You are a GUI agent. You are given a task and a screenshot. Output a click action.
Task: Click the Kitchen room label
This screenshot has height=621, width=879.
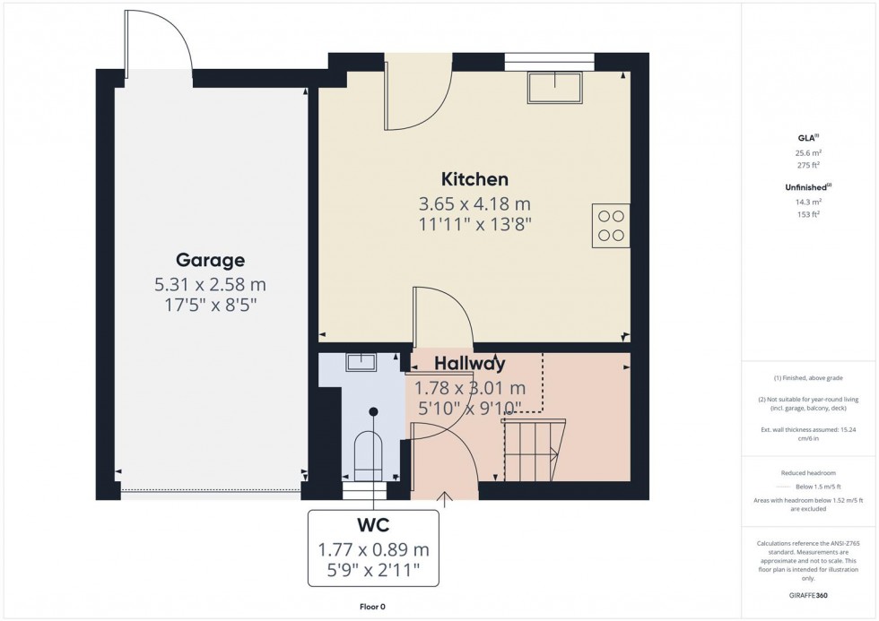pyautogui.click(x=474, y=179)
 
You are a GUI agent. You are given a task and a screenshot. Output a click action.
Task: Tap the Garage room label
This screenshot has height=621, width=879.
pyautogui.click(x=210, y=261)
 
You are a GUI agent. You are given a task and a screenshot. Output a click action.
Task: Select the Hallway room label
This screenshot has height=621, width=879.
pyautogui.click(x=470, y=364)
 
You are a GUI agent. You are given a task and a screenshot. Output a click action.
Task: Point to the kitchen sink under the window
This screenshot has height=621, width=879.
pyautogui.click(x=554, y=88)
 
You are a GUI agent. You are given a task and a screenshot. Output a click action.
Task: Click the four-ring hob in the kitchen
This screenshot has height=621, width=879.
pyautogui.click(x=611, y=226)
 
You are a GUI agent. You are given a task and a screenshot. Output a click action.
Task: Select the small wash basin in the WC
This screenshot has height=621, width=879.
pyautogui.click(x=362, y=362)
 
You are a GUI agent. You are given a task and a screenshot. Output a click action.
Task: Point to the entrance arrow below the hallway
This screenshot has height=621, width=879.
pyautogui.click(x=445, y=497)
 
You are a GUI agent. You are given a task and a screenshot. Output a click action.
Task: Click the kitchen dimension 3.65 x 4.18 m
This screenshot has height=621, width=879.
pyautogui.click(x=474, y=203)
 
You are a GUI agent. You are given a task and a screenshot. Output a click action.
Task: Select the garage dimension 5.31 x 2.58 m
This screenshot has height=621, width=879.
pyautogui.click(x=210, y=285)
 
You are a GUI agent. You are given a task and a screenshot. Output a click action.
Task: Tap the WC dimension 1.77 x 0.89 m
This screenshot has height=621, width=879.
pyautogui.click(x=374, y=548)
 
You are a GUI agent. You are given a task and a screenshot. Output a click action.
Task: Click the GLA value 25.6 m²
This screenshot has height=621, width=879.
pyautogui.click(x=809, y=152)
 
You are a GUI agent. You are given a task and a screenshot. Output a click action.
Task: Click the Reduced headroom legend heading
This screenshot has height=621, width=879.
pyautogui.click(x=809, y=472)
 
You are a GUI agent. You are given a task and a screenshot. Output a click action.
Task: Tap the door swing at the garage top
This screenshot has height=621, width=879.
pyautogui.click(x=160, y=45)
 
